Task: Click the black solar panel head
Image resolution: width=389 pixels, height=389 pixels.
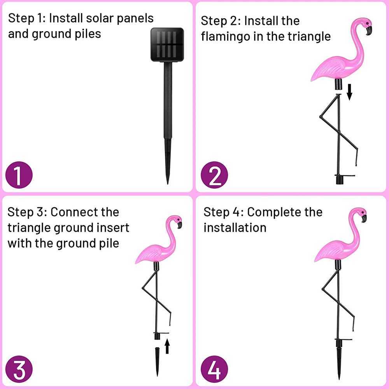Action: tap(167, 44)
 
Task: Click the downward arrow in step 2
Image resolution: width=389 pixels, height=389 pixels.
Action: tap(349, 91)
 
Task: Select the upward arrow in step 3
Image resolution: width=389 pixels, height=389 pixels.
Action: tap(167, 346)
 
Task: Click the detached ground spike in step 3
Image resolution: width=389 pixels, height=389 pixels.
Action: tap(157, 360)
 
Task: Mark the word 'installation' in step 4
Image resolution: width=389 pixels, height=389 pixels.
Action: tap(235, 228)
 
